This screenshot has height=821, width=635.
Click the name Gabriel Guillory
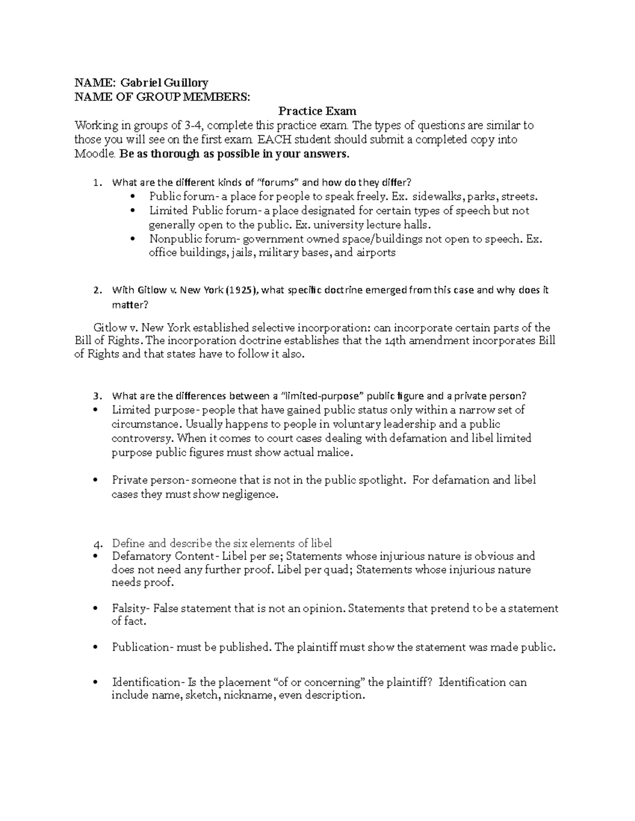[164, 82]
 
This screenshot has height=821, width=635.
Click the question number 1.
[96, 183]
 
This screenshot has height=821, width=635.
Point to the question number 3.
[96, 396]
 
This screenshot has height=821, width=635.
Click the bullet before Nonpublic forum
[132, 239]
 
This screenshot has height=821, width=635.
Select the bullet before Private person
[95, 481]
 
